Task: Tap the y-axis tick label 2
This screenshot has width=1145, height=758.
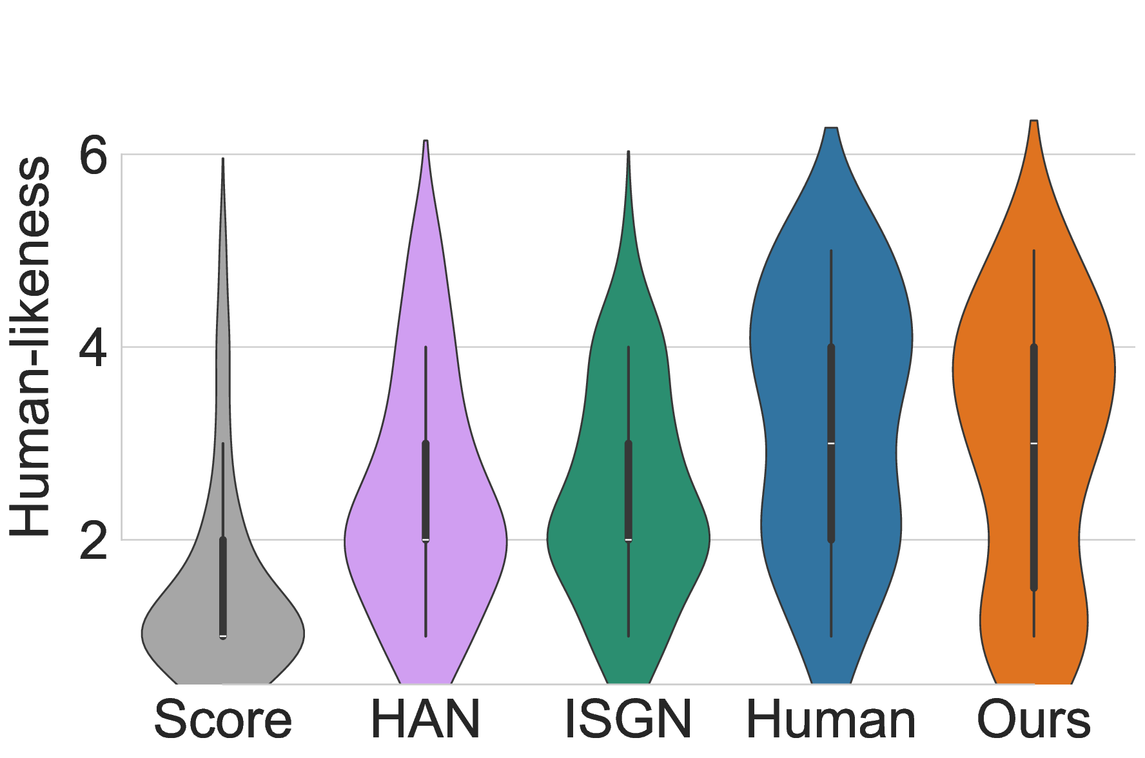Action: [x=93, y=540]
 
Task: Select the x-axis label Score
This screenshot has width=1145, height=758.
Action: [x=222, y=719]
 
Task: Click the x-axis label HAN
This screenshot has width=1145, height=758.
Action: [x=426, y=719]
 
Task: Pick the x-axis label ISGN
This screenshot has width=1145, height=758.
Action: [x=628, y=719]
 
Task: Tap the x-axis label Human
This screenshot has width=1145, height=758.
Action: [x=831, y=719]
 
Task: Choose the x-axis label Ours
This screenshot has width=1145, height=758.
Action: [x=1033, y=719]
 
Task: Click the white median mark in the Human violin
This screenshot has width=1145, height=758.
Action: [x=831, y=443]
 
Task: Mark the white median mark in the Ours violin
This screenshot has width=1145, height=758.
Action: [x=1033, y=443]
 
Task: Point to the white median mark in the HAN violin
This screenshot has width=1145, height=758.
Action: [x=426, y=539]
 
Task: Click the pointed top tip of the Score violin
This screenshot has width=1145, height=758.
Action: [x=223, y=160]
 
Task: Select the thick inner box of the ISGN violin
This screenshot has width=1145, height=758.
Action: [x=629, y=490]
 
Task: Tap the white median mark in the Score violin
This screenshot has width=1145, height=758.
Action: [x=223, y=636]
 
